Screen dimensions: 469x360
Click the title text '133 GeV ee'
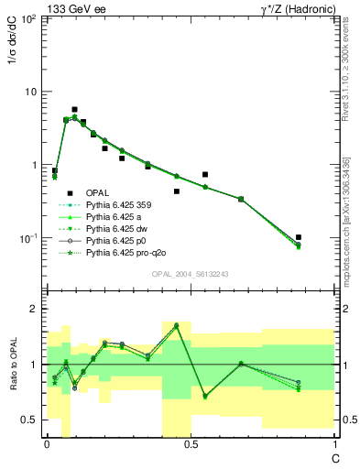coord(72,8)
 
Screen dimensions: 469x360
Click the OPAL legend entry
coord(98,192)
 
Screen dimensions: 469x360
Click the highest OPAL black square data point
coord(74,109)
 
